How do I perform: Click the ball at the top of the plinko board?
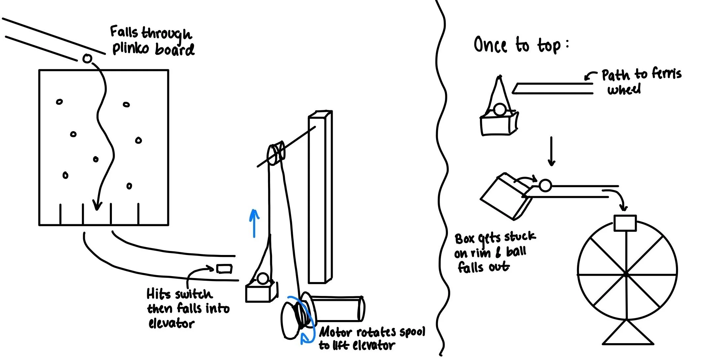click(x=87, y=59)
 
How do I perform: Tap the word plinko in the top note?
click(x=130, y=49)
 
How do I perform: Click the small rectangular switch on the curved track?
click(x=224, y=269)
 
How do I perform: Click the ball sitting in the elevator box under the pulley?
click(x=262, y=279)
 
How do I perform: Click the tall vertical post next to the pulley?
click(x=320, y=198)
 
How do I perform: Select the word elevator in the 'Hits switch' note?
click(x=171, y=323)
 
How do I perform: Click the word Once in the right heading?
click(x=490, y=45)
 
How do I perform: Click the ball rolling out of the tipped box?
click(x=545, y=185)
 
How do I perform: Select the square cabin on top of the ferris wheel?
click(x=625, y=223)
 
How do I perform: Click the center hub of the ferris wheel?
click(x=626, y=274)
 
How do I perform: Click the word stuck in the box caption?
click(x=520, y=237)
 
